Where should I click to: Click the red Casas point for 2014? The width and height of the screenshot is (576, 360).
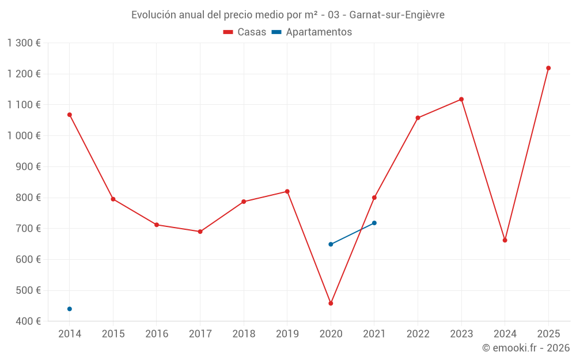click(x=70, y=115)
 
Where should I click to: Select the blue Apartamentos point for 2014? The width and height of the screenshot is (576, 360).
click(x=70, y=309)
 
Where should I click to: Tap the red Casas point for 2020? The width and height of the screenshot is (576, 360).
click(x=331, y=303)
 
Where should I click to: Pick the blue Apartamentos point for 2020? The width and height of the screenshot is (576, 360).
click(x=331, y=244)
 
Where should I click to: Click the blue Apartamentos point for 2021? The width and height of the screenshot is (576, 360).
click(x=374, y=223)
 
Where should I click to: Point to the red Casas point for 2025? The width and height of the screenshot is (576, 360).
click(x=548, y=68)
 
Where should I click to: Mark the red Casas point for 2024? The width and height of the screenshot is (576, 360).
click(x=505, y=240)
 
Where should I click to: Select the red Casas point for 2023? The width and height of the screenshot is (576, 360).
click(x=461, y=99)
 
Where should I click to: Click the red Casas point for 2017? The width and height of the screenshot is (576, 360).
click(x=200, y=232)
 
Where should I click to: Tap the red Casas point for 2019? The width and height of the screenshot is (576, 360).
click(x=287, y=191)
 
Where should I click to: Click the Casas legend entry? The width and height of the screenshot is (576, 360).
click(x=245, y=32)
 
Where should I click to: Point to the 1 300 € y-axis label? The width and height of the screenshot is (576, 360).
click(x=24, y=43)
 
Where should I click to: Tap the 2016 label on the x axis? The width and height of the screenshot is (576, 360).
click(x=157, y=334)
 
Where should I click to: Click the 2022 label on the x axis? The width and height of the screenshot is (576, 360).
click(x=418, y=334)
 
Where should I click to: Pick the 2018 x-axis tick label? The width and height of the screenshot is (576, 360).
click(x=244, y=334)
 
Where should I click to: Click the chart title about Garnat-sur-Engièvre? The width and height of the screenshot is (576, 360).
click(x=288, y=15)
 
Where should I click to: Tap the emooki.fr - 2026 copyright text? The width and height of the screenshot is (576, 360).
click(x=526, y=348)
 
